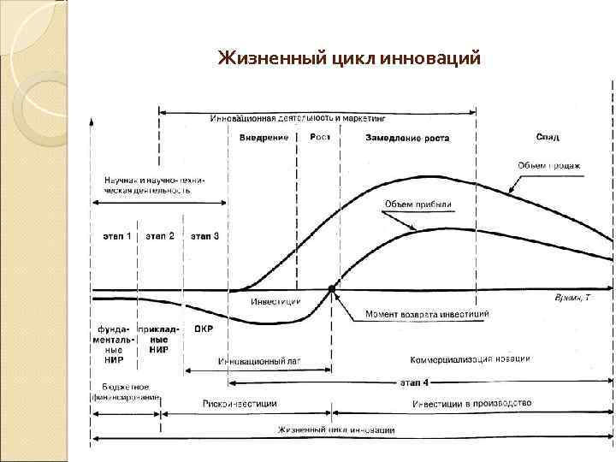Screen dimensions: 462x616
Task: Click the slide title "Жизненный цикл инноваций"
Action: coord(349,59)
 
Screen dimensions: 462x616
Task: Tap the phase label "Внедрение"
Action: coord(263,138)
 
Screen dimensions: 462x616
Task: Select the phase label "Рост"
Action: coord(320,137)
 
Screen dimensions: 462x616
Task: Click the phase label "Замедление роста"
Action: coord(406,138)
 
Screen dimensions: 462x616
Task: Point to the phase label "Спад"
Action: coord(548,137)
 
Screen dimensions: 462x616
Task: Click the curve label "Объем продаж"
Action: coord(560,165)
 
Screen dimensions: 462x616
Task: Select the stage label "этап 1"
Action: coord(117,236)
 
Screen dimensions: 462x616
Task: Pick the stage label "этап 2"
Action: coord(160,236)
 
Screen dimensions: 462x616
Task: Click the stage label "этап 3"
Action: coord(204,236)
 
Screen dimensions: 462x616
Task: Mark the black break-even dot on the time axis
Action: coord(332,288)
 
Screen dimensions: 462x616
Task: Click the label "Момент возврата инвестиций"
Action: coord(428,315)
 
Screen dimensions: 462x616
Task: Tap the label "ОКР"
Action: coord(204,328)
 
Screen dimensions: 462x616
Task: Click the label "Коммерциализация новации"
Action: coord(471,358)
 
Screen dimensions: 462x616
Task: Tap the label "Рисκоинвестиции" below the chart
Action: coord(240,403)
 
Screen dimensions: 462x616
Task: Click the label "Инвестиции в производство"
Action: coord(471,403)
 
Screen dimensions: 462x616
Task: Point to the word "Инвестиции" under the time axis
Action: coord(275,302)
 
